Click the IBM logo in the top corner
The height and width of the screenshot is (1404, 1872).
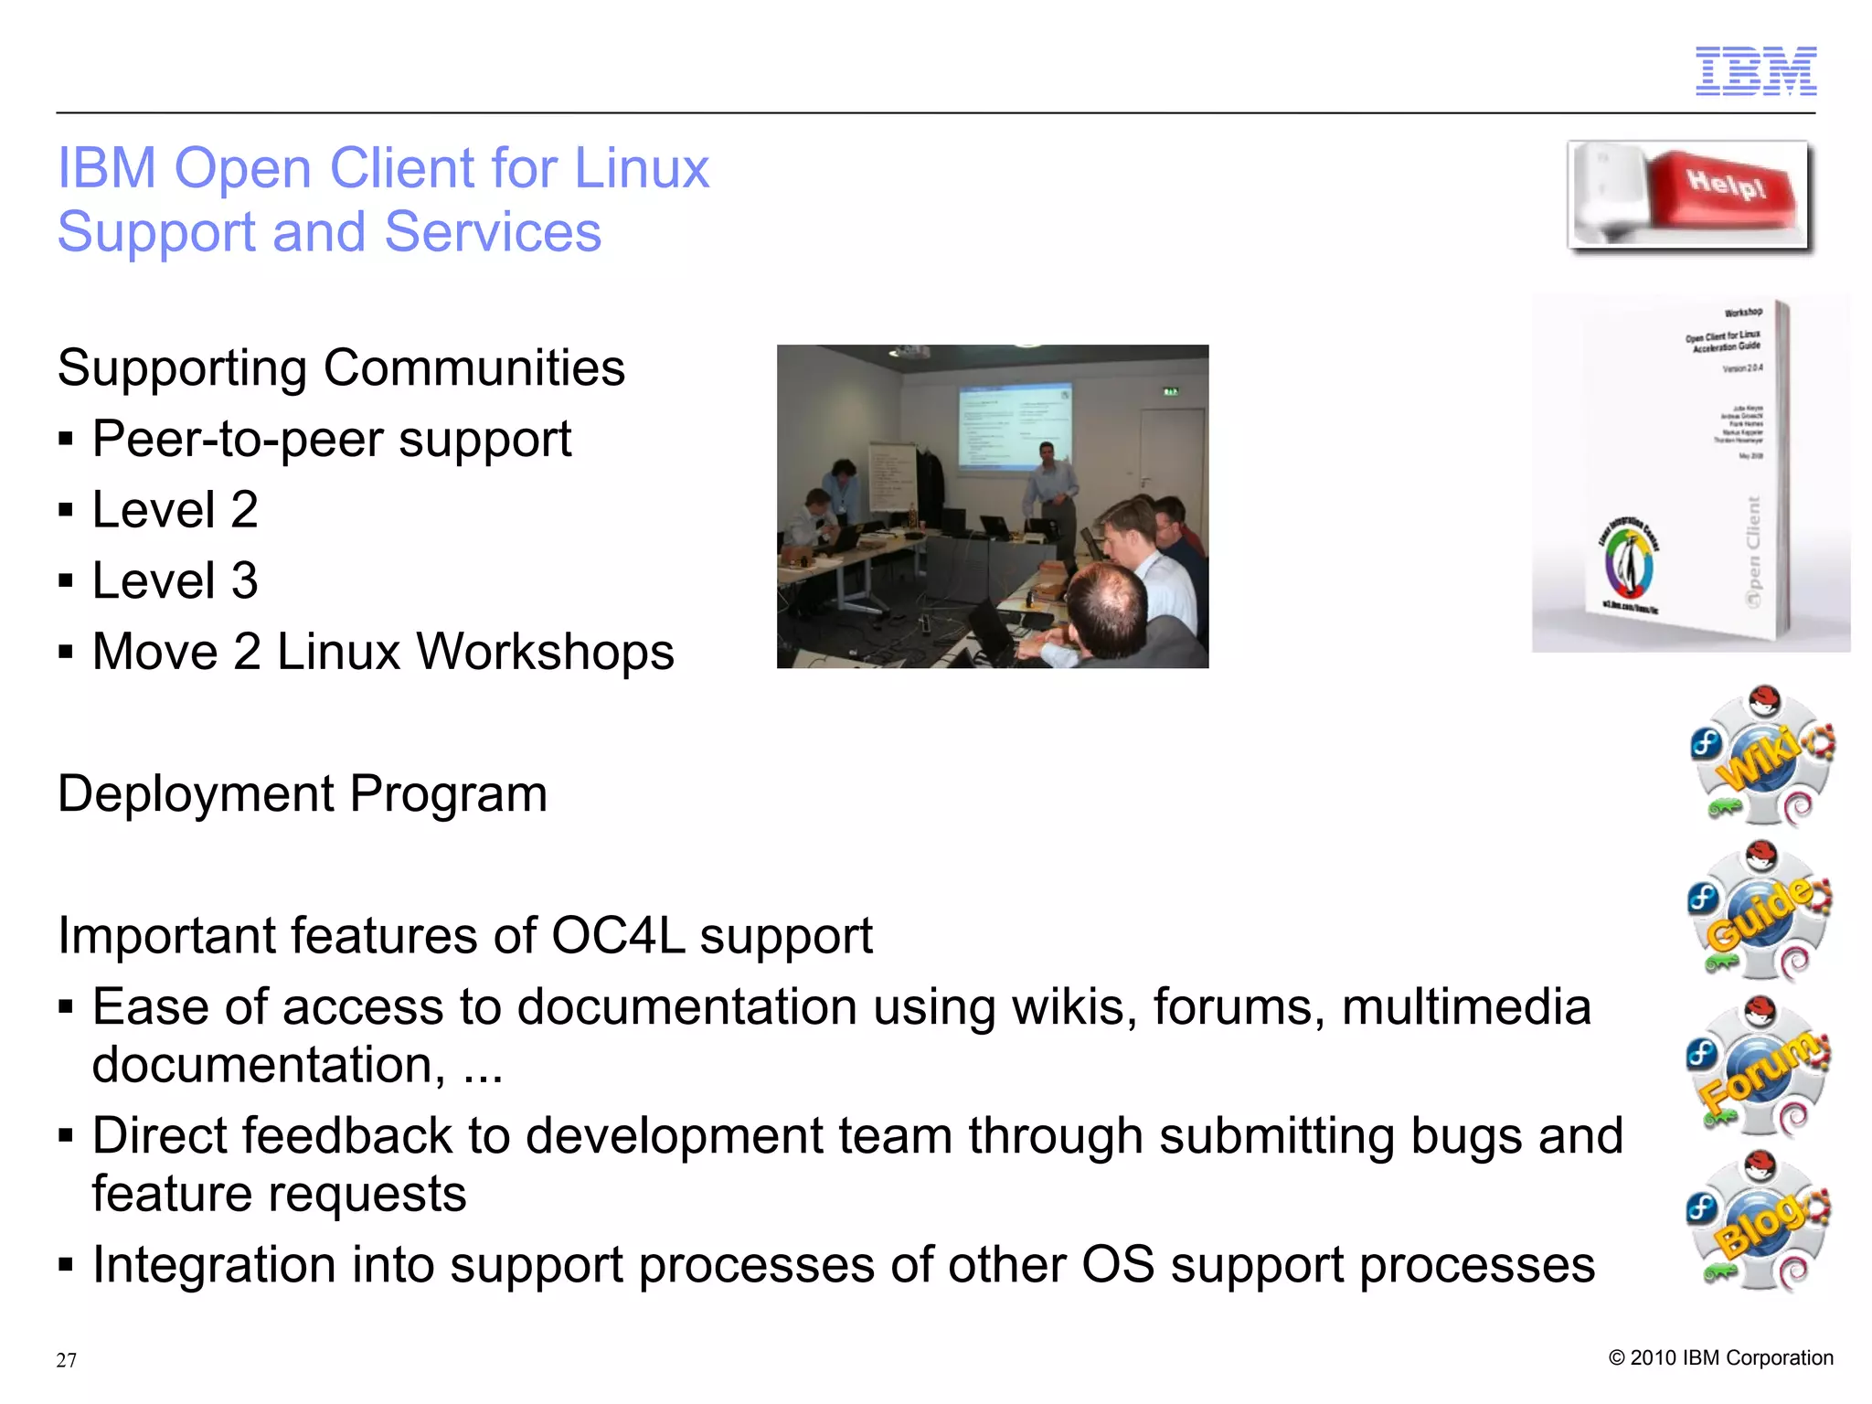click(1755, 70)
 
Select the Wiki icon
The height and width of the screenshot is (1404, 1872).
click(1762, 756)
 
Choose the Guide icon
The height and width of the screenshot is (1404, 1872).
click(1760, 912)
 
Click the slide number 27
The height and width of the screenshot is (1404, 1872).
click(66, 1360)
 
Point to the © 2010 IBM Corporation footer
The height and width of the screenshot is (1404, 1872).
click(1720, 1357)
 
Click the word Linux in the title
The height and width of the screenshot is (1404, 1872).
click(642, 168)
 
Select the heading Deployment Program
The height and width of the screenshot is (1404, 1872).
click(303, 793)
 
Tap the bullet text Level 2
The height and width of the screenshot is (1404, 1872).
click(175, 509)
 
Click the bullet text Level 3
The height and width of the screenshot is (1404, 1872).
click(175, 580)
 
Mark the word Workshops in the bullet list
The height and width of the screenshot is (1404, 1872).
click(545, 652)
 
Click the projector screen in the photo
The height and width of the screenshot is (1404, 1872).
click(1015, 427)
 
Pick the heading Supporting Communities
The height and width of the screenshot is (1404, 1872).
click(341, 367)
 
